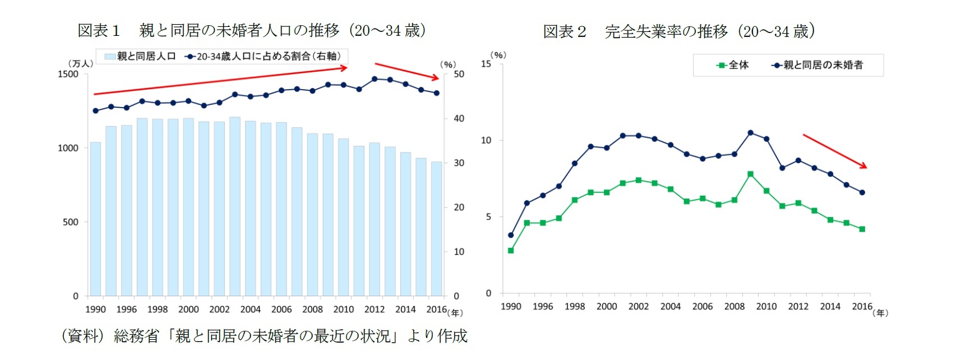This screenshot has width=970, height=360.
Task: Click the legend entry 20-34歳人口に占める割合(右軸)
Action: point(264,57)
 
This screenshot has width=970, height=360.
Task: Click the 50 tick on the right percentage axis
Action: point(459,74)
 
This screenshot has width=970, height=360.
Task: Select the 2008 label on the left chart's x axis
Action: point(312,310)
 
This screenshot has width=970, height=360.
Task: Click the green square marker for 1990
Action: point(511,251)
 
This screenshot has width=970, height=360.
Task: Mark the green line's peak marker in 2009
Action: point(750,174)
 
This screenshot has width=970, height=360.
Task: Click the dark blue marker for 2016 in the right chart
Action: point(862,192)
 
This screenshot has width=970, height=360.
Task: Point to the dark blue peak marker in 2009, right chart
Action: point(750,133)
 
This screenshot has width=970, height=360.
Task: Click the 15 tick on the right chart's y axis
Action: point(486,64)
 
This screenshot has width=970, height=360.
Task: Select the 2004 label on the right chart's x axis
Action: point(670,307)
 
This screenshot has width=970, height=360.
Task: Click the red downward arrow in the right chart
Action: point(835,151)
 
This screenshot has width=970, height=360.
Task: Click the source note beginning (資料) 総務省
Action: point(264,336)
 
